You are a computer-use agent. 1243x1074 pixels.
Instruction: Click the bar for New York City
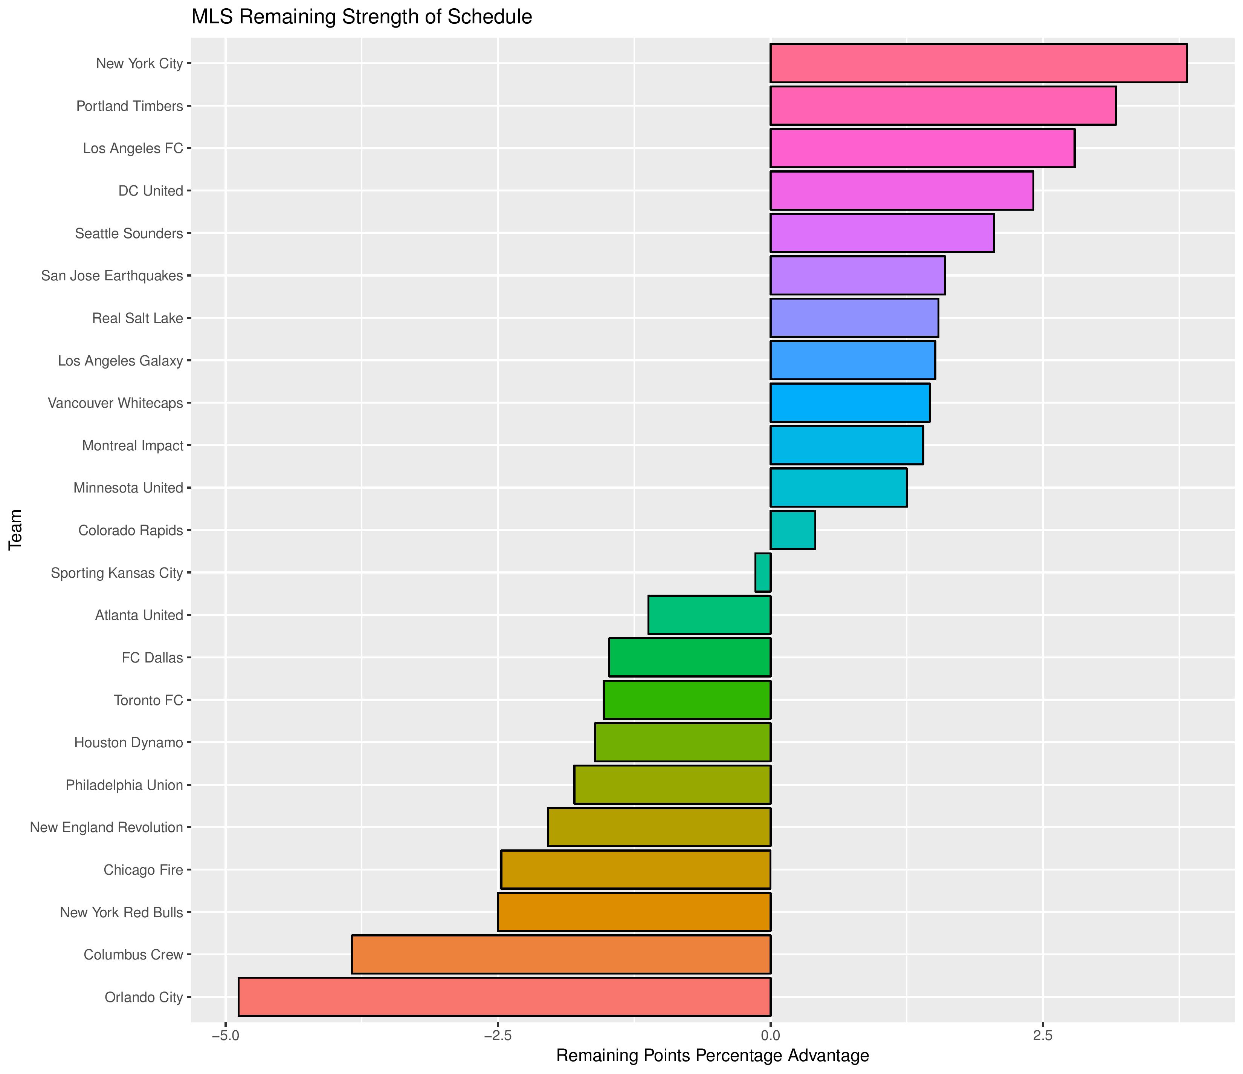coord(978,63)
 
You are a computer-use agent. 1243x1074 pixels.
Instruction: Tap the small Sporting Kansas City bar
coord(762,573)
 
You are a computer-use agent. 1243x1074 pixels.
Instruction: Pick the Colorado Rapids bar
coord(793,530)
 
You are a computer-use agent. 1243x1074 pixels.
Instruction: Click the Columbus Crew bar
coord(561,955)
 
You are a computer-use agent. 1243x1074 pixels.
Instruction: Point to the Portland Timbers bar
coord(942,106)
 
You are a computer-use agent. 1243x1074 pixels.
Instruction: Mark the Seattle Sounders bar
coord(882,233)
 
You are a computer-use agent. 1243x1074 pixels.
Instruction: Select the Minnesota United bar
coord(838,488)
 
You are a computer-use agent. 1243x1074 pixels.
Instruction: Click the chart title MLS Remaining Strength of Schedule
coord(361,17)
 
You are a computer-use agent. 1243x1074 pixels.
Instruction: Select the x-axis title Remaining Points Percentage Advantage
coord(713,1056)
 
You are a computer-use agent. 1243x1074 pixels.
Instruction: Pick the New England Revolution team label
coord(106,827)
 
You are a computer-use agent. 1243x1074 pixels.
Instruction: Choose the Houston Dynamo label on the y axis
coord(128,743)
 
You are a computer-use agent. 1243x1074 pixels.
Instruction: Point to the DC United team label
coord(151,191)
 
